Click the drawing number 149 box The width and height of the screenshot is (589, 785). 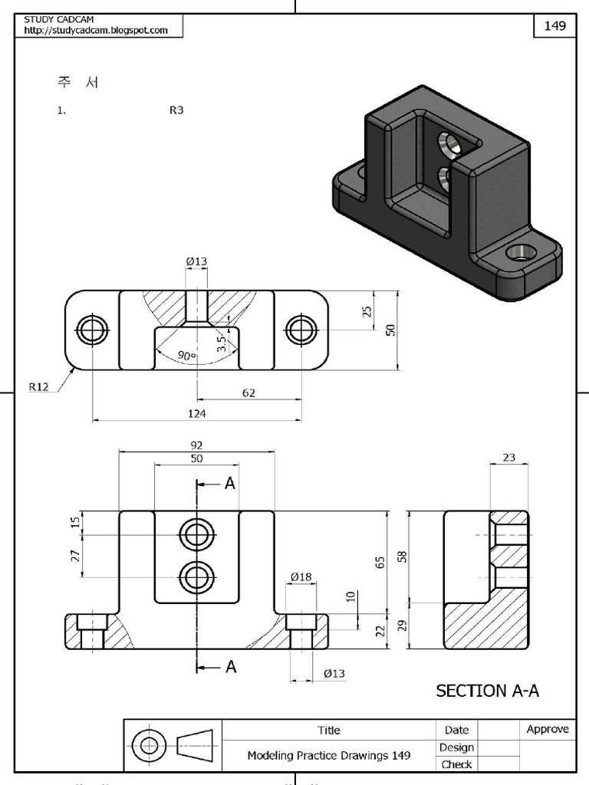(554, 26)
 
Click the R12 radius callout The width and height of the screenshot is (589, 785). (39, 387)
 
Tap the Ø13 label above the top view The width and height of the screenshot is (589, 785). (196, 261)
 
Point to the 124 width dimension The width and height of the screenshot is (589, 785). (196, 413)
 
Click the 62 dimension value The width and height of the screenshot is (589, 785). (248, 392)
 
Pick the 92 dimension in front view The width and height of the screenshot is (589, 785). (196, 445)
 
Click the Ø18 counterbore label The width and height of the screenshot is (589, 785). (300, 576)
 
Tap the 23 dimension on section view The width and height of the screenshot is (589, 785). (508, 458)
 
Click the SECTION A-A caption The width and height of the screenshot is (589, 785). (487, 691)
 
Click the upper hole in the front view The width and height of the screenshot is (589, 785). (196, 534)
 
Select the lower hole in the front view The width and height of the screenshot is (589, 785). (196, 576)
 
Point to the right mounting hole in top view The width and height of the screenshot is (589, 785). (301, 330)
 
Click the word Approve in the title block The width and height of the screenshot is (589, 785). (548, 729)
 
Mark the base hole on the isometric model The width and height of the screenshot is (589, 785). (522, 251)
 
